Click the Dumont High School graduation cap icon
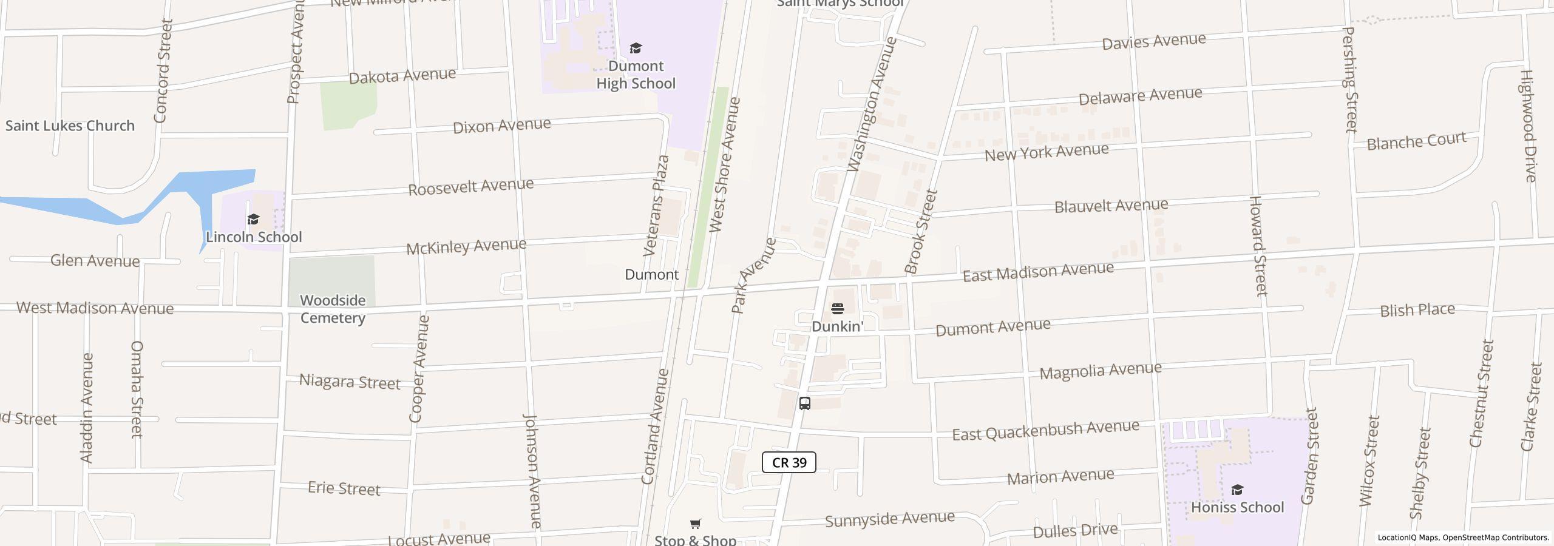click(x=636, y=48)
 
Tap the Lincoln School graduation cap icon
click(x=253, y=219)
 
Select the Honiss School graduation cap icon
click(x=1237, y=490)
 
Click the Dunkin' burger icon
click(x=837, y=309)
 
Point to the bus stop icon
click(x=805, y=403)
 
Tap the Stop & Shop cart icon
click(x=696, y=524)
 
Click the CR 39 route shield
click(x=789, y=463)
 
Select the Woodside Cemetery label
click(x=333, y=309)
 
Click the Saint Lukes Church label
click(x=70, y=126)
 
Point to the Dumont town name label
click(x=651, y=274)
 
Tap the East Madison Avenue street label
click(x=1038, y=272)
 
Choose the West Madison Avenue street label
click(x=95, y=308)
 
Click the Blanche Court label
click(x=1416, y=142)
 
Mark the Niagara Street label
click(x=350, y=382)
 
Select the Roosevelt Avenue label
click(x=470, y=187)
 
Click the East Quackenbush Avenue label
click(x=1045, y=430)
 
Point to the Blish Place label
click(x=1417, y=311)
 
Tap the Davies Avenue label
click(x=1153, y=42)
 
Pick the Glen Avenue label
click(x=95, y=261)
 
